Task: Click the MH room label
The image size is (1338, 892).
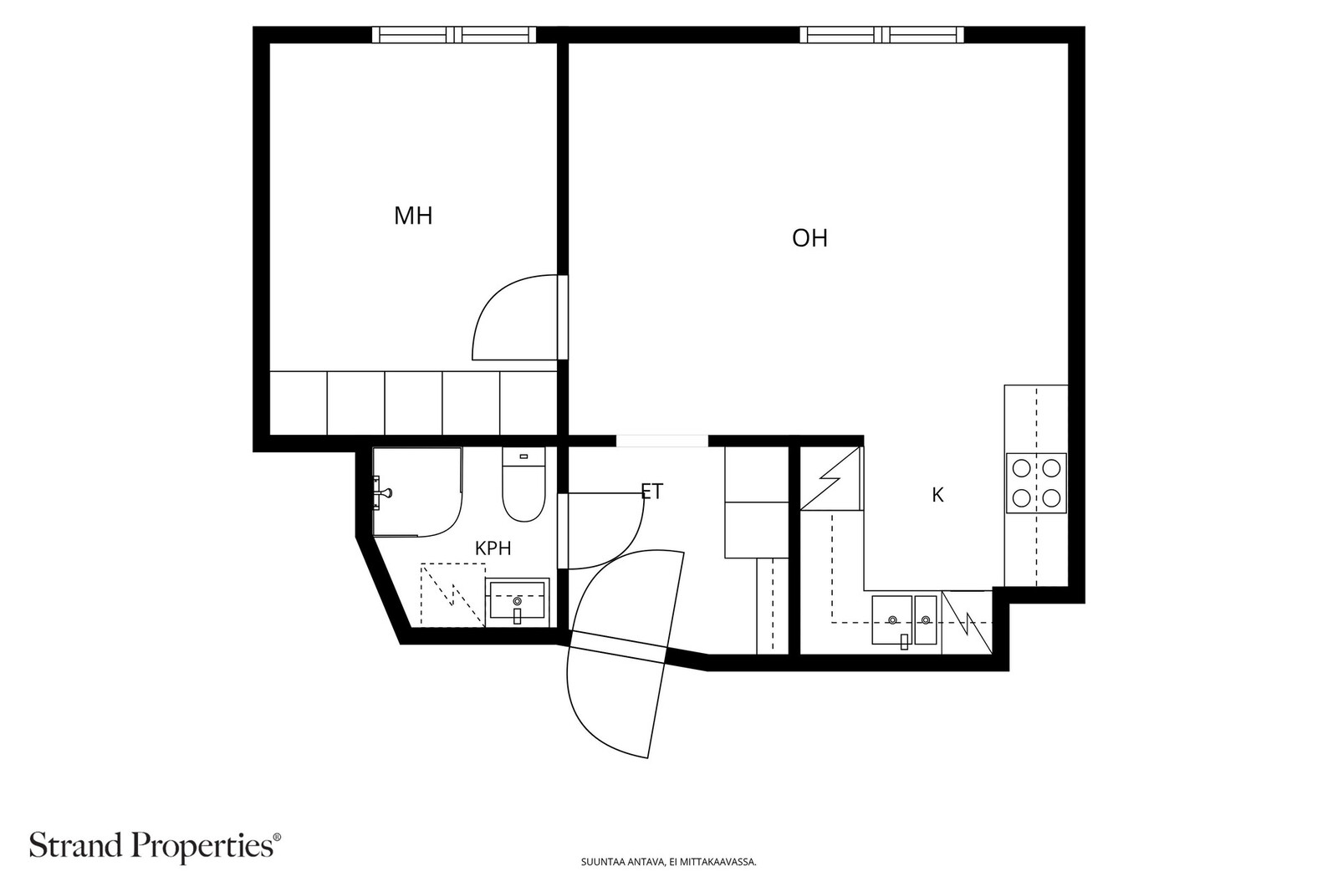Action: (x=413, y=216)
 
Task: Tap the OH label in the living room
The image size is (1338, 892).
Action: (x=809, y=238)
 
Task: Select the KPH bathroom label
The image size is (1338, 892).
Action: (x=493, y=548)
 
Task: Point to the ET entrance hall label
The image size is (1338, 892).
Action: (x=651, y=492)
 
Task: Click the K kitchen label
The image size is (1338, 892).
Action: (x=937, y=495)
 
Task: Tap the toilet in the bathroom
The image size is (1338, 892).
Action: (x=523, y=484)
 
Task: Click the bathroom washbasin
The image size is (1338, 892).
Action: (x=518, y=602)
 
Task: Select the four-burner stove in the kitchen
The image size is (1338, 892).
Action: (x=1036, y=483)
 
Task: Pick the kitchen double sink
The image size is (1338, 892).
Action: (x=904, y=620)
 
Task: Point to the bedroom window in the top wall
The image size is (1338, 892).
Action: (x=454, y=34)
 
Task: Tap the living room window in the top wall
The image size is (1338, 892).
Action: (x=881, y=34)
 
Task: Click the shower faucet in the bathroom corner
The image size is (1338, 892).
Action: (x=381, y=493)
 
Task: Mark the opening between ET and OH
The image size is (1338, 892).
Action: (x=661, y=441)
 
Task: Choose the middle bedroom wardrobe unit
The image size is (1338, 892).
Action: (x=413, y=403)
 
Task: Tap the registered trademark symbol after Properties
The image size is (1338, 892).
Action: (x=277, y=837)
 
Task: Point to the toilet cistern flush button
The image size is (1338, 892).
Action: (x=523, y=456)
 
